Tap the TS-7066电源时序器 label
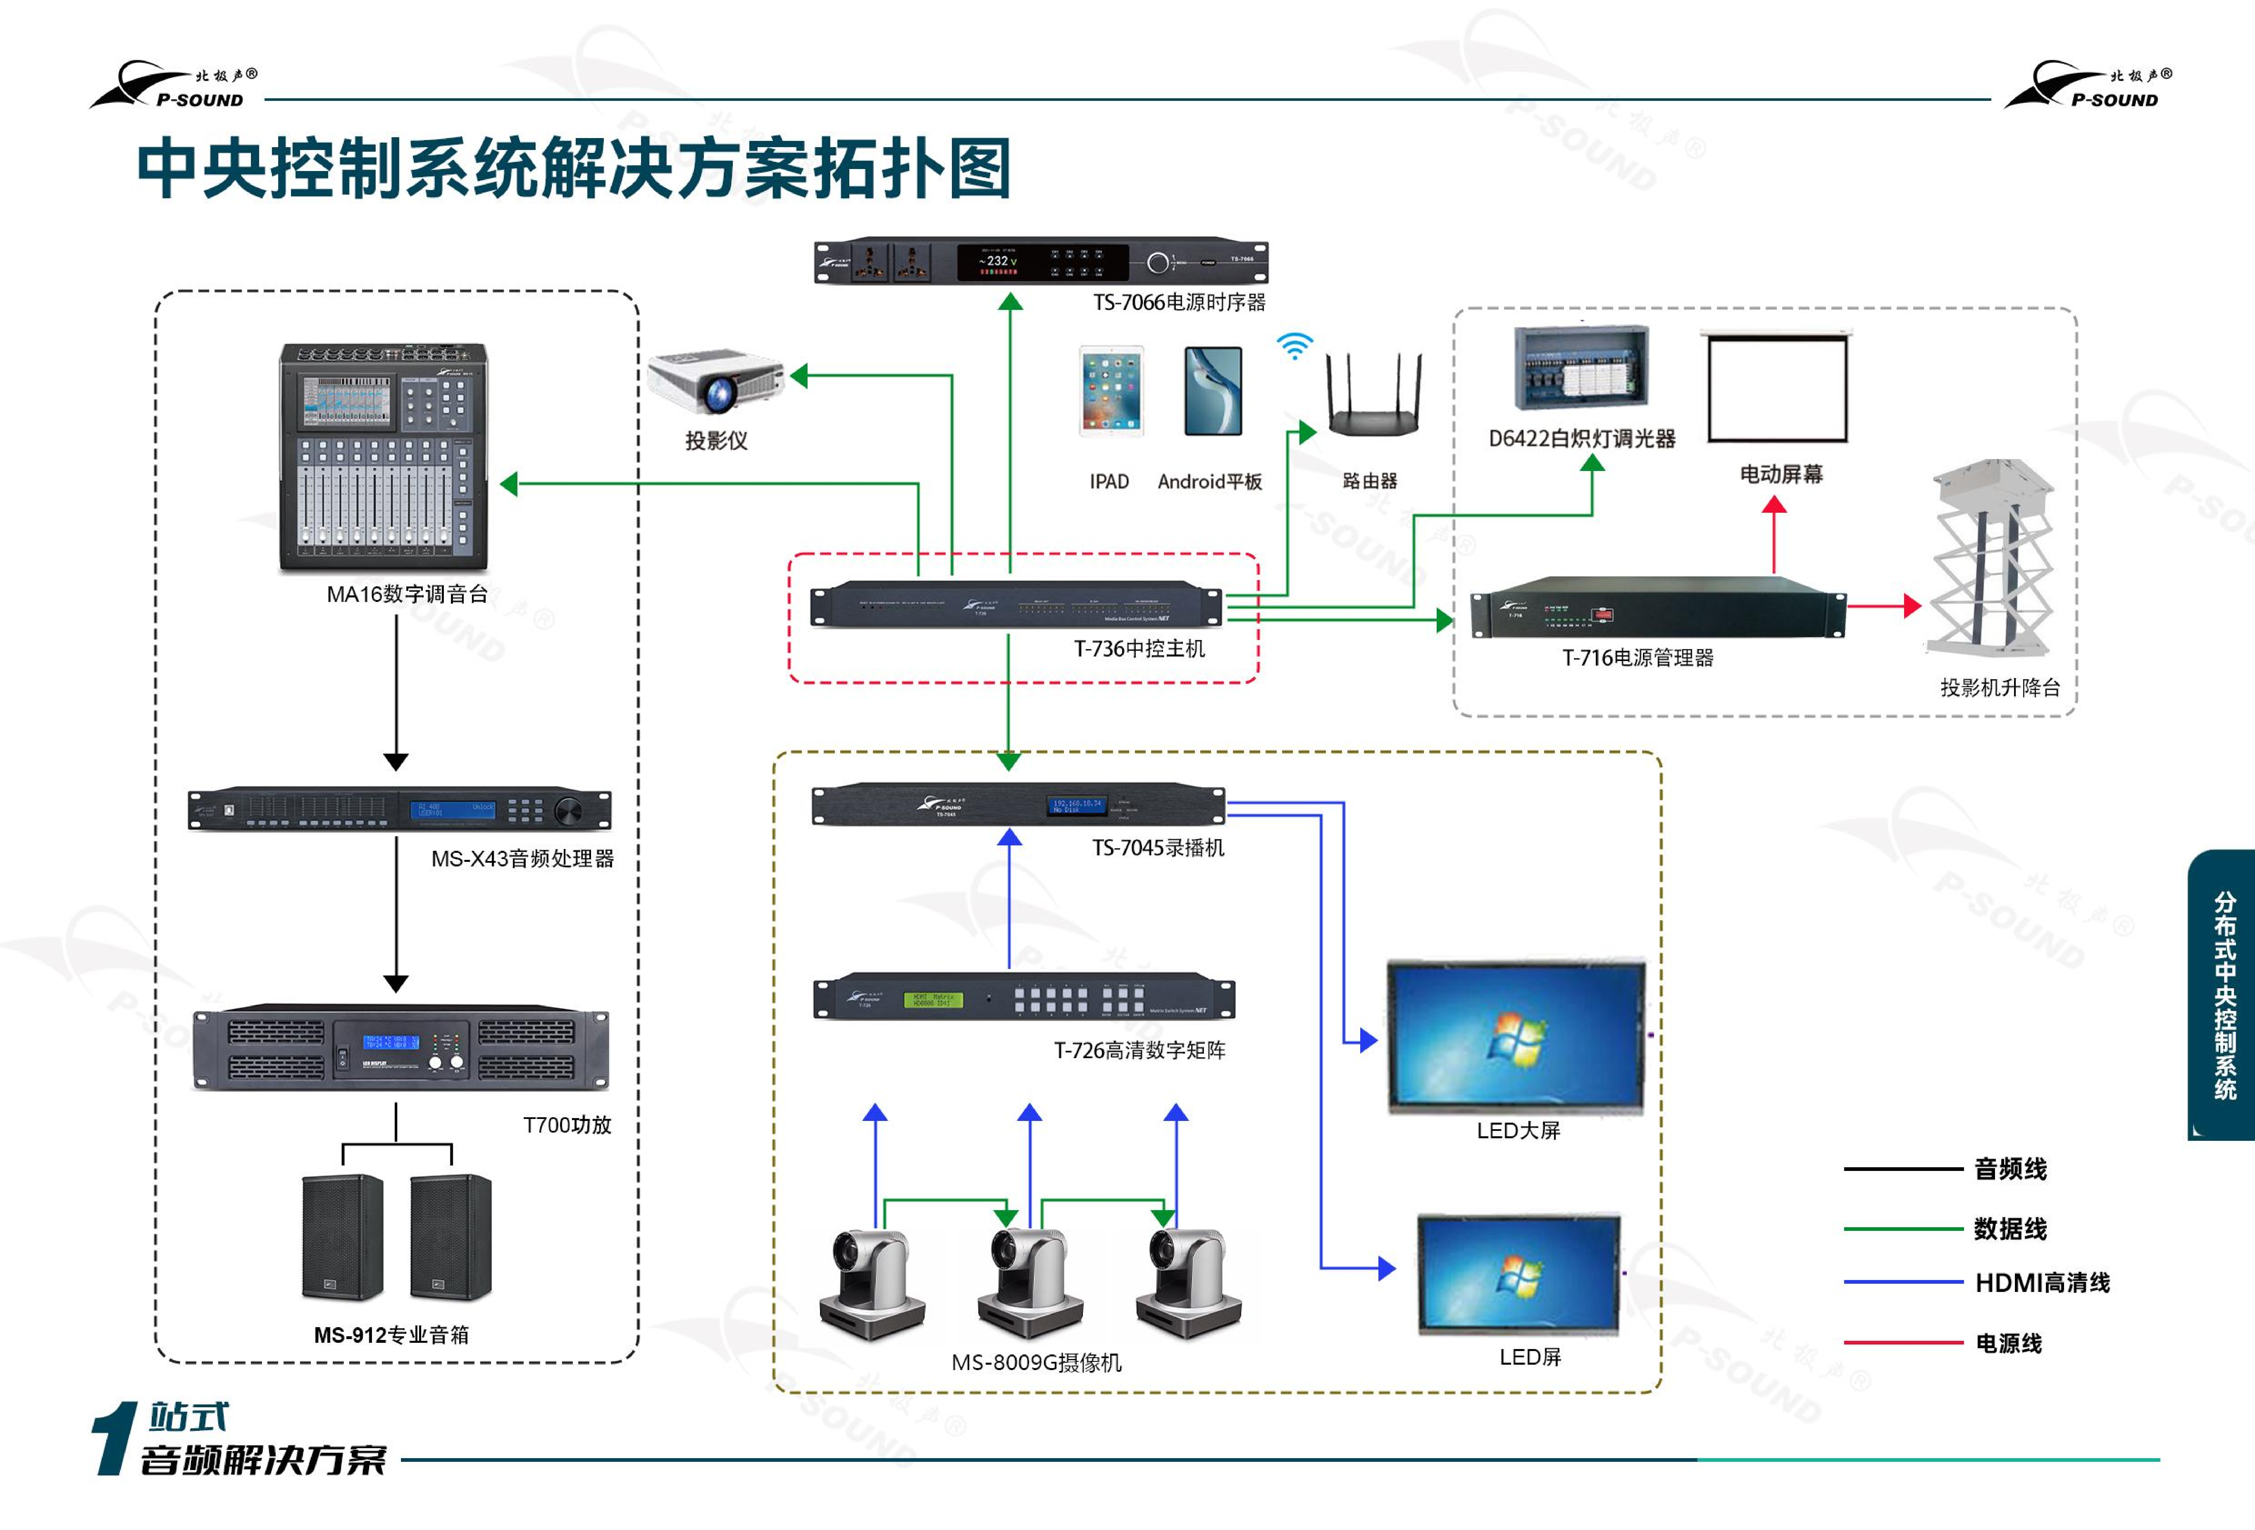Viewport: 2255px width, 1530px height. pos(1179,303)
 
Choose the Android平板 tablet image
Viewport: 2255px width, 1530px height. pos(1213,391)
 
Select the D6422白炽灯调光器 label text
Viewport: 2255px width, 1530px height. pos(1582,439)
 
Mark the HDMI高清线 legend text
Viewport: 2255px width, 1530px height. pos(2042,1283)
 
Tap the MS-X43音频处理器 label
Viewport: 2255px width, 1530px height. pos(522,859)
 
